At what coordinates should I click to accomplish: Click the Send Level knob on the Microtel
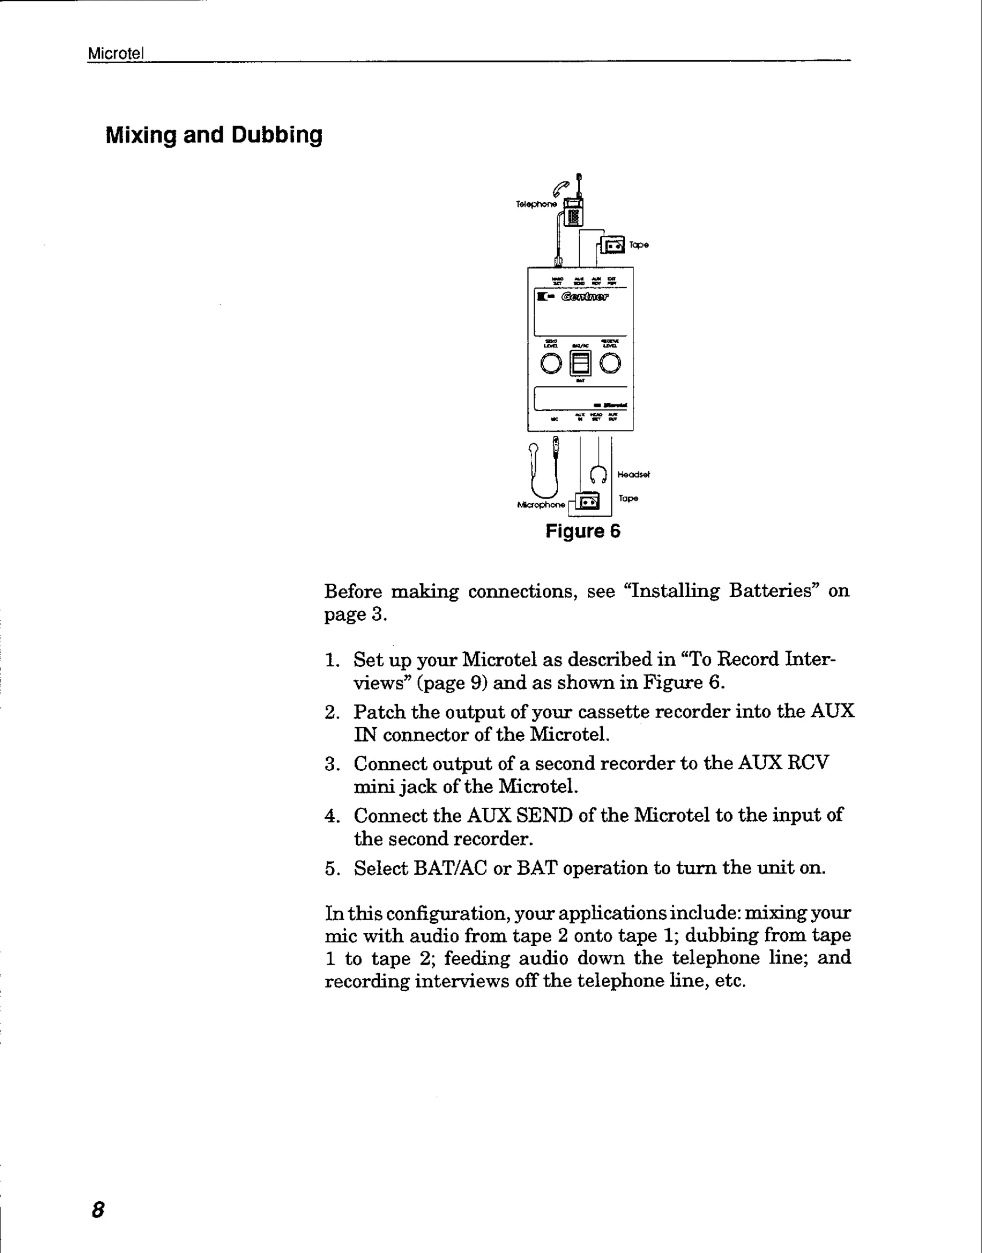pos(551,363)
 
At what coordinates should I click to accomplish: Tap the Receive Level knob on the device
pos(610,363)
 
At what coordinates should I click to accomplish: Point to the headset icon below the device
pos(598,475)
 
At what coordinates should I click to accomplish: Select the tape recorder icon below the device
pos(587,501)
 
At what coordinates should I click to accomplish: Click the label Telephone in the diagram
pos(536,204)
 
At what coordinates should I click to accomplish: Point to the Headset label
pos(633,475)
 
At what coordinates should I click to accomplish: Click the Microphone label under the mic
pos(541,505)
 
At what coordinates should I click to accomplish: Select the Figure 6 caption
pos(583,531)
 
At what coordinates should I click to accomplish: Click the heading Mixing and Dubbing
pos(214,135)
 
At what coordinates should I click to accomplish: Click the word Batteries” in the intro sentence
pos(774,591)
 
